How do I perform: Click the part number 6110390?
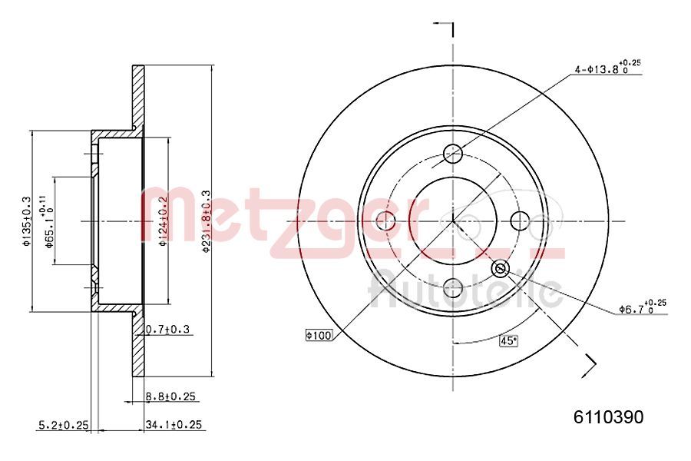click(x=609, y=417)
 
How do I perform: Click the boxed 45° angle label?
click(x=509, y=341)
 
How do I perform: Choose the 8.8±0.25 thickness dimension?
click(x=171, y=396)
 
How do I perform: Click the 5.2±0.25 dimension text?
click(x=64, y=424)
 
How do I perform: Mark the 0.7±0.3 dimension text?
click(x=167, y=330)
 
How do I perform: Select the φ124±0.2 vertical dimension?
click(x=163, y=221)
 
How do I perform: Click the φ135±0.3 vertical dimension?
click(x=26, y=221)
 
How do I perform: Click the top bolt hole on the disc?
click(x=453, y=152)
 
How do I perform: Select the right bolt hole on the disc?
click(x=520, y=221)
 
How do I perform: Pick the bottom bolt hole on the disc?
click(x=453, y=288)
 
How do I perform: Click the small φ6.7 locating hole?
click(x=501, y=268)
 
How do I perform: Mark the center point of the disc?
click(x=453, y=221)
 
